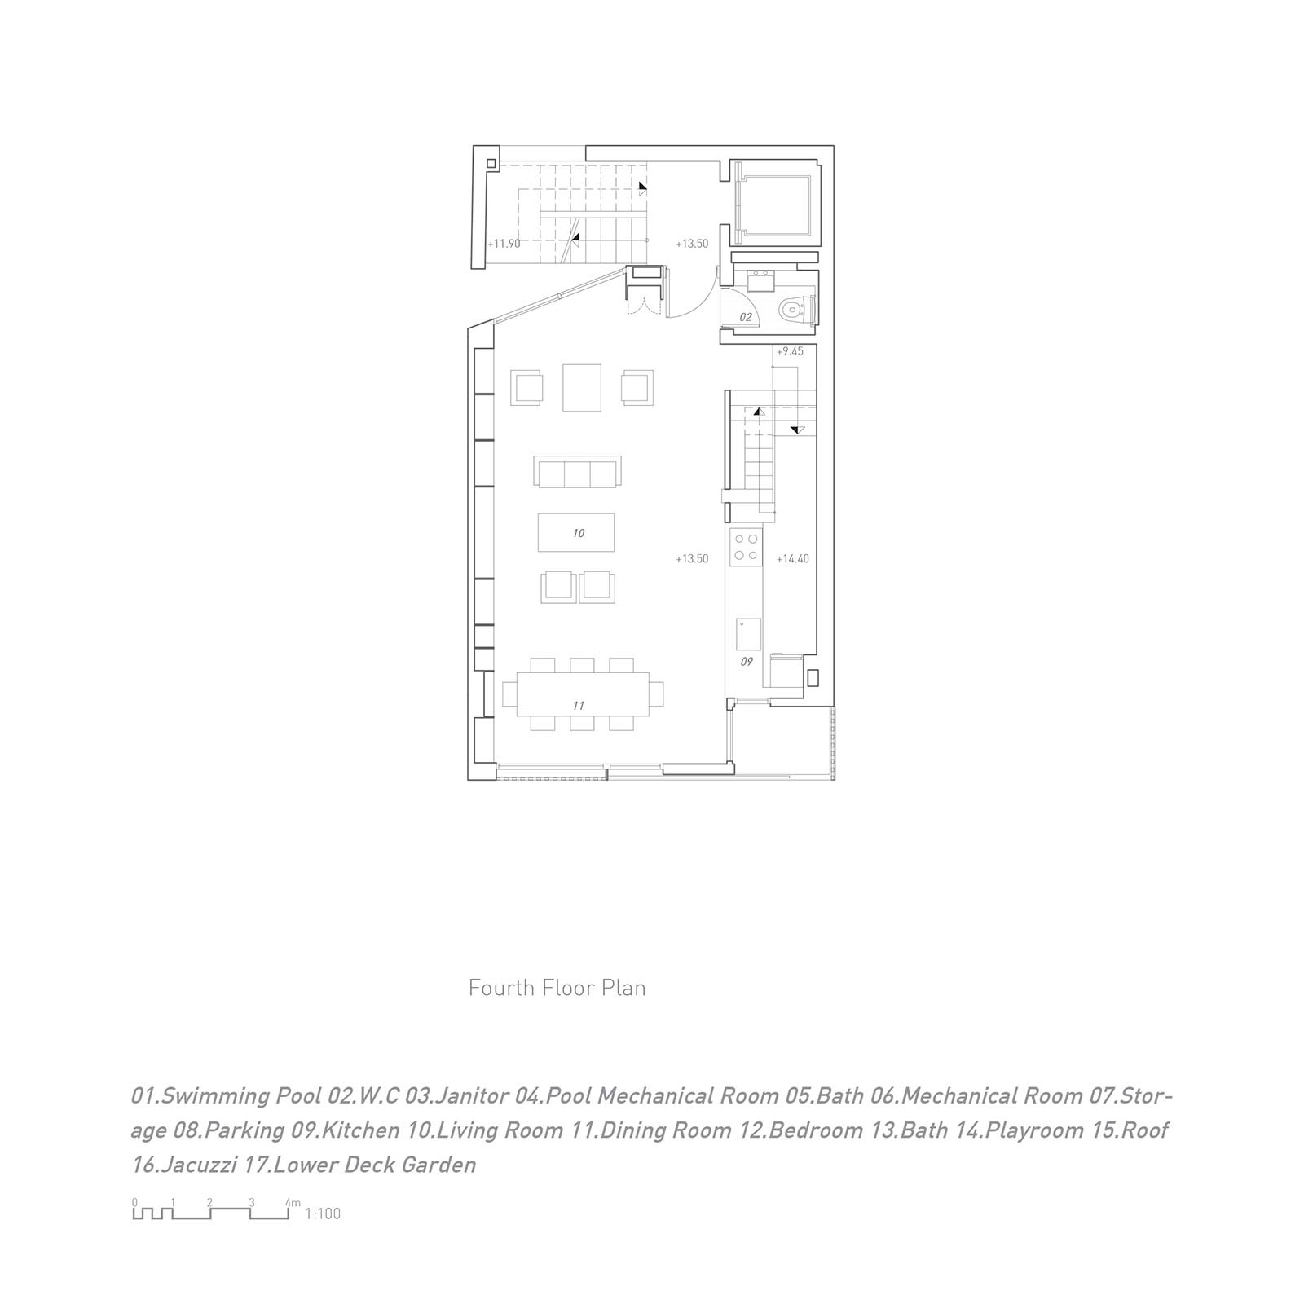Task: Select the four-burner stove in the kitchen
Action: click(x=746, y=547)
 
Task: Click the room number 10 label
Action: click(x=578, y=533)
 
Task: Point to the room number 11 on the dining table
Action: click(x=578, y=706)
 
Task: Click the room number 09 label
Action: click(x=747, y=662)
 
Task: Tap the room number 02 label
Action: click(x=745, y=317)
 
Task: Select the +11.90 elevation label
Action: click(x=504, y=243)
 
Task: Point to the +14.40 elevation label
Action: click(x=792, y=559)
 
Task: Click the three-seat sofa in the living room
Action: click(x=577, y=471)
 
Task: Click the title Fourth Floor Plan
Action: click(x=557, y=988)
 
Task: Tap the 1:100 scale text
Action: click(x=323, y=1214)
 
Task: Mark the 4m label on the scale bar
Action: click(x=293, y=1203)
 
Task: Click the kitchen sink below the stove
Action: click(x=748, y=634)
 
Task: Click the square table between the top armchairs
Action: click(x=582, y=387)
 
